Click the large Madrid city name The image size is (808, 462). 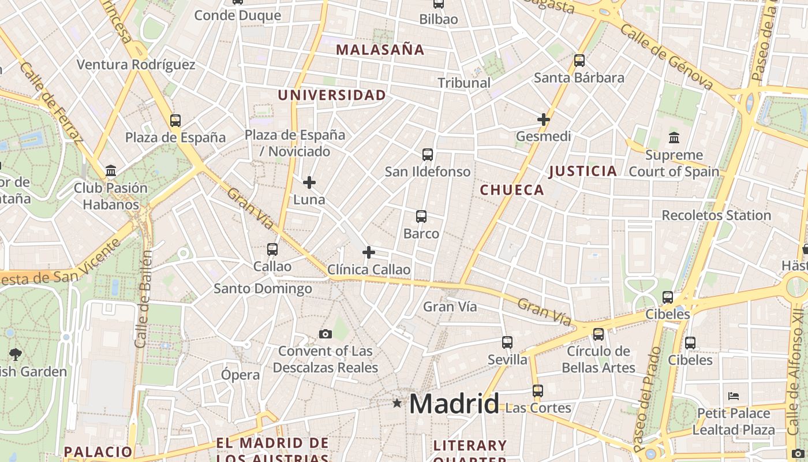[454, 404]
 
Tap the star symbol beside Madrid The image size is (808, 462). [397, 403]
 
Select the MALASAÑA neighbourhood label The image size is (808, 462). [380, 50]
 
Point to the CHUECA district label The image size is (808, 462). [512, 190]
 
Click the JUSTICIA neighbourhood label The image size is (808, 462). [582, 171]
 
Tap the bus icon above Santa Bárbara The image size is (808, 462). [579, 61]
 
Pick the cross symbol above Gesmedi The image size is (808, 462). [544, 120]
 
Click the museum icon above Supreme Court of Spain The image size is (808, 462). [674, 138]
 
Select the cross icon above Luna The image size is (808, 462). [309, 182]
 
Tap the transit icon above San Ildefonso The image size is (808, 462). [428, 155]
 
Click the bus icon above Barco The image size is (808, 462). [421, 217]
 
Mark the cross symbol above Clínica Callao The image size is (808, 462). [369, 252]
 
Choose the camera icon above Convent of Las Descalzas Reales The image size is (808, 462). [326, 334]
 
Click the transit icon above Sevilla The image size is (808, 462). [507, 342]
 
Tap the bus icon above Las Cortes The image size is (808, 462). [538, 391]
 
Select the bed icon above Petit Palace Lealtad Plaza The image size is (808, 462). [734, 396]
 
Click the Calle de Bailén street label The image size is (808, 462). [143, 299]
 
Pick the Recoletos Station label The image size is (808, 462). [716, 215]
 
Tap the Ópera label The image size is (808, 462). [240, 375]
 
